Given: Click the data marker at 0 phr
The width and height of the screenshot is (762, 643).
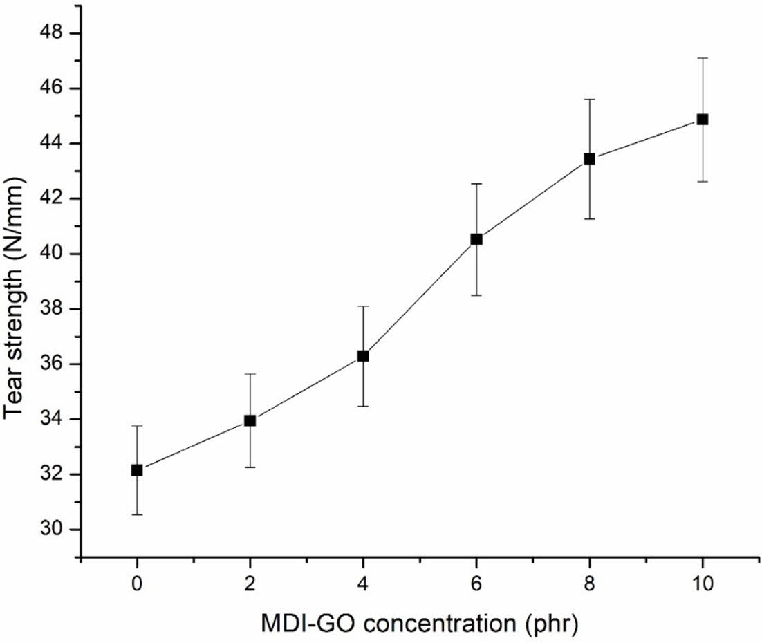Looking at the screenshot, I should tap(137, 470).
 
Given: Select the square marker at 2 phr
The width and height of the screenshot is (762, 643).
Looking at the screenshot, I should tap(250, 420).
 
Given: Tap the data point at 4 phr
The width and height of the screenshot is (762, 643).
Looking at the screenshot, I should tap(363, 356).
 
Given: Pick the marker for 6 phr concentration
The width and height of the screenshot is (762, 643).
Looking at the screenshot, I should tap(476, 239).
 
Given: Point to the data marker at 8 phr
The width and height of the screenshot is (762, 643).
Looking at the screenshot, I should tap(589, 158).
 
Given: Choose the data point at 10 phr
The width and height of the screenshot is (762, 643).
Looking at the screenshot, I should tap(703, 119).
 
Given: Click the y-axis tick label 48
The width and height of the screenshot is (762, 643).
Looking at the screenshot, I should tap(52, 33).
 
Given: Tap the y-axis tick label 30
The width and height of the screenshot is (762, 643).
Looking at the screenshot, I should tap(52, 530).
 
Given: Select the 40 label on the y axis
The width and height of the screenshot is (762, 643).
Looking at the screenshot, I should tap(52, 254).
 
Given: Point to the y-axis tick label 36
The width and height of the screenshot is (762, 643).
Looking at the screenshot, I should tap(52, 364).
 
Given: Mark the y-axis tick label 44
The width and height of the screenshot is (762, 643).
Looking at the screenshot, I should tap(52, 144).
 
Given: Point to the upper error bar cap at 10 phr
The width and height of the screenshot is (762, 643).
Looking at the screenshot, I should tap(703, 58).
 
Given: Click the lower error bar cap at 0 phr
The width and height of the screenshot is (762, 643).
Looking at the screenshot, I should tap(137, 514).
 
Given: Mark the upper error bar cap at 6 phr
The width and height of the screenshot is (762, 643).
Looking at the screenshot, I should tap(476, 183).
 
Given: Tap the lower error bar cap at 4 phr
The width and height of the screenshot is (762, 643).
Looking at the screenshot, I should tap(363, 406).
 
